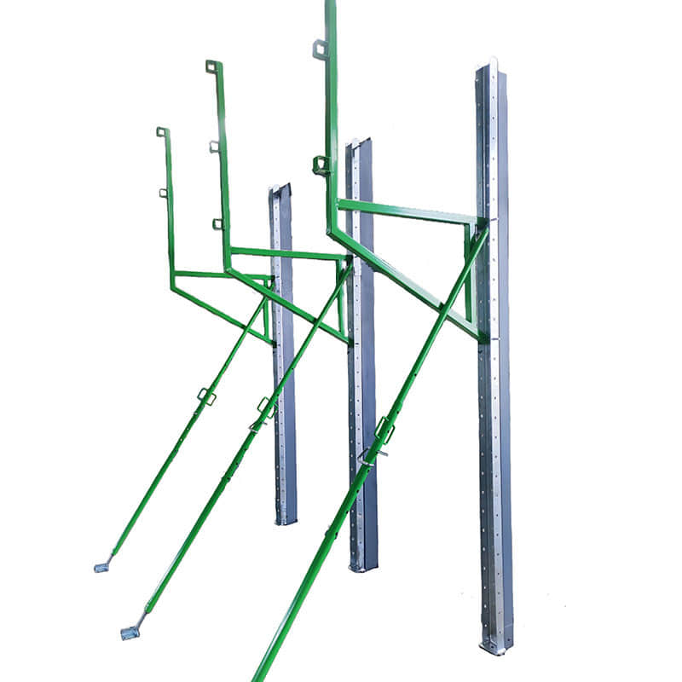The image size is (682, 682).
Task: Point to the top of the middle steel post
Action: coord(358,143)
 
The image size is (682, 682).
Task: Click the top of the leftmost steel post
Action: coord(280,188)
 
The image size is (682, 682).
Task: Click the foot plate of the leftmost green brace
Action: coord(101,566)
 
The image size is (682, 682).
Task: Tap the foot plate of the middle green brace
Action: coord(130,632)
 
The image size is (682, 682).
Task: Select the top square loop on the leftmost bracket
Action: coord(161,131)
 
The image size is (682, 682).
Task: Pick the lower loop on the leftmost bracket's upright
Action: coord(163,193)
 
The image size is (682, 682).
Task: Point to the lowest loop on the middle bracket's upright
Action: coord(217,224)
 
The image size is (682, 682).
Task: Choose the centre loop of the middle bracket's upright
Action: coord(214,146)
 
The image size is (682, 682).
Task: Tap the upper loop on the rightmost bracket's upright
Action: coord(320,49)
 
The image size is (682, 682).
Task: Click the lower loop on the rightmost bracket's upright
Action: coord(321,165)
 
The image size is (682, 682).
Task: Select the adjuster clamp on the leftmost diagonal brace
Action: coord(205,396)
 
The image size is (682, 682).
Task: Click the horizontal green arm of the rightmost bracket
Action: coord(405,211)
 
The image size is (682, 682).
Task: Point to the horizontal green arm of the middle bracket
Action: coord(286,254)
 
